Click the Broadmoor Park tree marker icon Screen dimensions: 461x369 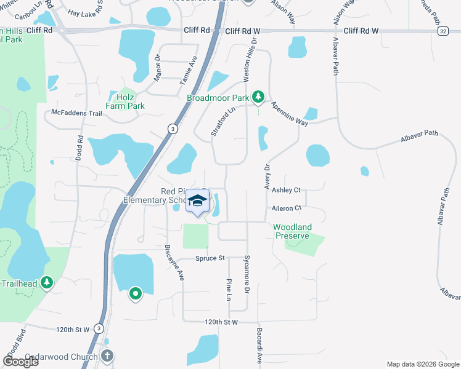tap(259, 97)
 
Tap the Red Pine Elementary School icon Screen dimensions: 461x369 tap(198, 201)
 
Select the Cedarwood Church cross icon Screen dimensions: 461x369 tap(107, 355)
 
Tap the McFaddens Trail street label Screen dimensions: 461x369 tap(76, 113)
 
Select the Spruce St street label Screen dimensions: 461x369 tap(211, 258)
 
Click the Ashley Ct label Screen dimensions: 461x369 tap(286, 191)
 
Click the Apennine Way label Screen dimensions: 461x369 tap(288, 114)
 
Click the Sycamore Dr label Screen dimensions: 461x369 tap(247, 273)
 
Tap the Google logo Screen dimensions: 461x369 tap(20, 361)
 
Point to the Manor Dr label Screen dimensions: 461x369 tap(157, 68)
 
